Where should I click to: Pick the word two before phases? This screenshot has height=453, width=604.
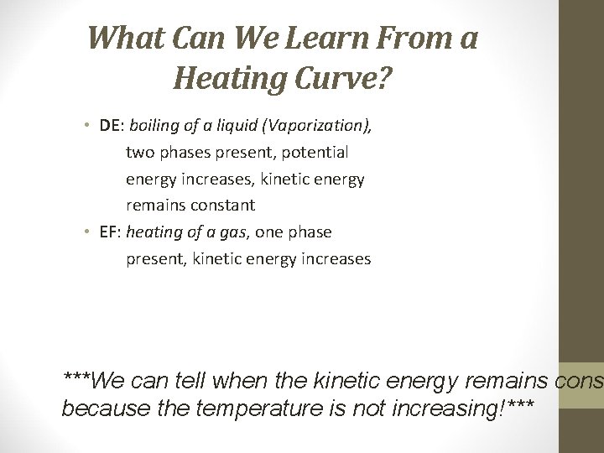coord(139,153)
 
